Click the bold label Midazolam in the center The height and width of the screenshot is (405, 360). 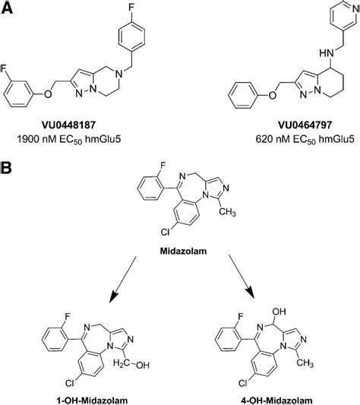[x=179, y=248]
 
